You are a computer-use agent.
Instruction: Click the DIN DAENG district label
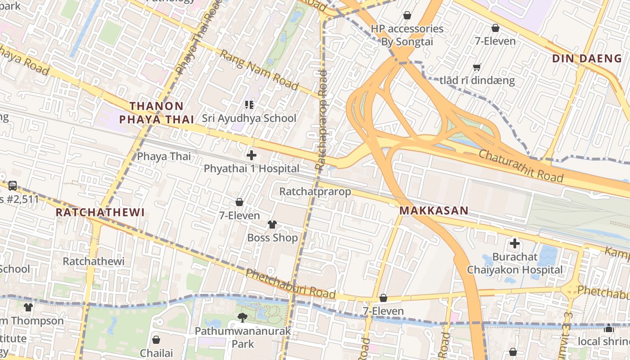[x=586, y=58]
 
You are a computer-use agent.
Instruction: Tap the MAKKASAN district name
[x=434, y=211]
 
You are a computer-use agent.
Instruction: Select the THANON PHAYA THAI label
[x=156, y=113]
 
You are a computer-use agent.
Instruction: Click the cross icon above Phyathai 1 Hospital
[x=252, y=156]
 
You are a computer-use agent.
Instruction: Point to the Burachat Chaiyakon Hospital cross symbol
[x=514, y=244]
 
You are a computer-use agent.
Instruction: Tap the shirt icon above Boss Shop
[x=272, y=224]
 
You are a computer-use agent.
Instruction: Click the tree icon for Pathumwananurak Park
[x=243, y=318]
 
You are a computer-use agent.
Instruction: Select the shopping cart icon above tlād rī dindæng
[x=477, y=67]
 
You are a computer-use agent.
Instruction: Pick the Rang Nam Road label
[x=259, y=70]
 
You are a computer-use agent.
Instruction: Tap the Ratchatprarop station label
[x=315, y=192]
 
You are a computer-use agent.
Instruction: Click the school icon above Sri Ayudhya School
[x=249, y=105]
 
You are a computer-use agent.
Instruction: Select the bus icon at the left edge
[x=13, y=185]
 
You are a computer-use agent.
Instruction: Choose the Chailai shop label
[x=156, y=353]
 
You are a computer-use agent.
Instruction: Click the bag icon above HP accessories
[x=407, y=16]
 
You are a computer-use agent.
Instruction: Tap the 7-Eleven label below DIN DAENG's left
[x=495, y=41]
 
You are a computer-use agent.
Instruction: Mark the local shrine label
[x=603, y=342]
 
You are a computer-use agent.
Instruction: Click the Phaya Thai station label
[x=164, y=157]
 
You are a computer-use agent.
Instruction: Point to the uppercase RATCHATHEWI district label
[x=100, y=212]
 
